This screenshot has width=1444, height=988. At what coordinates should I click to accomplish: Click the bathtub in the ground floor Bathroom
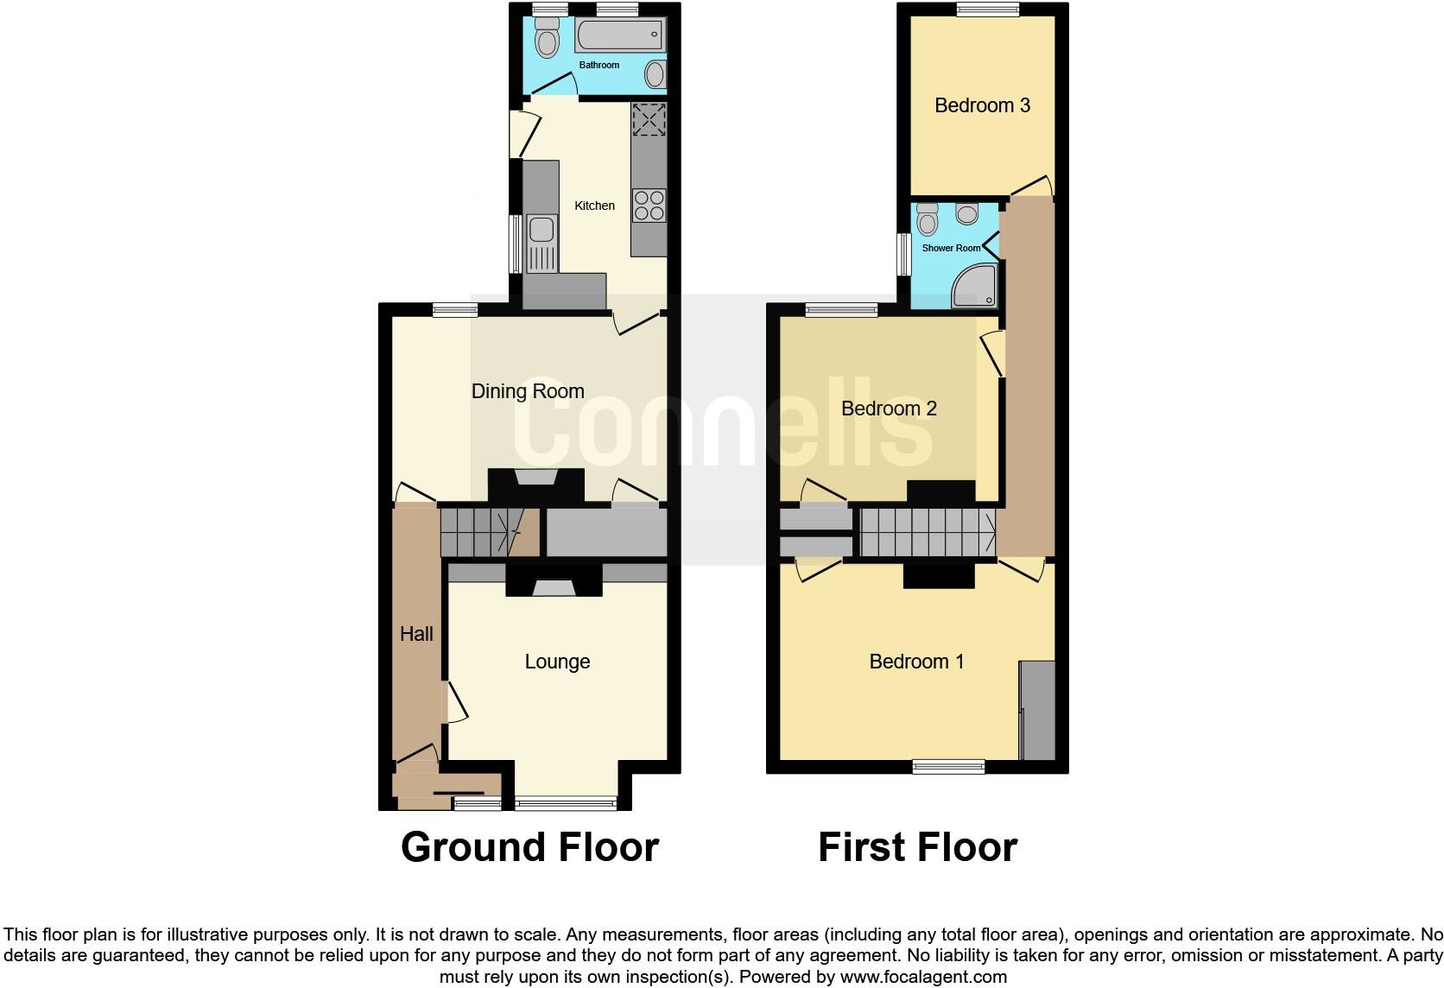[x=618, y=37]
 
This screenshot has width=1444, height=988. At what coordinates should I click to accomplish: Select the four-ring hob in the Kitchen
[x=649, y=206]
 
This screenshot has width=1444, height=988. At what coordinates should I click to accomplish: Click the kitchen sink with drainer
[x=541, y=242]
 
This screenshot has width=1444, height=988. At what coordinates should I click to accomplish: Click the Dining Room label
[x=528, y=391]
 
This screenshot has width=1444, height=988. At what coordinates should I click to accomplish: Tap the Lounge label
[x=557, y=662]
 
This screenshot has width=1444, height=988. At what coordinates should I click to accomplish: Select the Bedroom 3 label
[x=982, y=105]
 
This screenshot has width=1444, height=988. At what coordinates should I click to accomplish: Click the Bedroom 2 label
[x=889, y=408]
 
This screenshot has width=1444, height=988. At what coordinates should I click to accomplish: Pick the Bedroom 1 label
[x=916, y=662]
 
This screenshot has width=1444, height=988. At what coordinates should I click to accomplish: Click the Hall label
[x=416, y=634]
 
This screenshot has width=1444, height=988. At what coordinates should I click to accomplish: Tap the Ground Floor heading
[x=529, y=847]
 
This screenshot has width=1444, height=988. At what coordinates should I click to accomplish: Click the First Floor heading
[x=917, y=847]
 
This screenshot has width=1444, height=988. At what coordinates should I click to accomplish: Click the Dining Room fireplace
[x=536, y=484]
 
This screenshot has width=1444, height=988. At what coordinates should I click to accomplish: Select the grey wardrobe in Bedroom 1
[x=1037, y=710]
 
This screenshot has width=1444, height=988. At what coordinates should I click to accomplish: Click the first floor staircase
[x=927, y=532]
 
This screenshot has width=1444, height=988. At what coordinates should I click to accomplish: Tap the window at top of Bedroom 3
[x=987, y=9]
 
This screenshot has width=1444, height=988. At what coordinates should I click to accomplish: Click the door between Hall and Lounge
[x=455, y=702]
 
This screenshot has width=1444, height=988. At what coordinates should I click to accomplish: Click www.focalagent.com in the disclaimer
[x=923, y=978]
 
